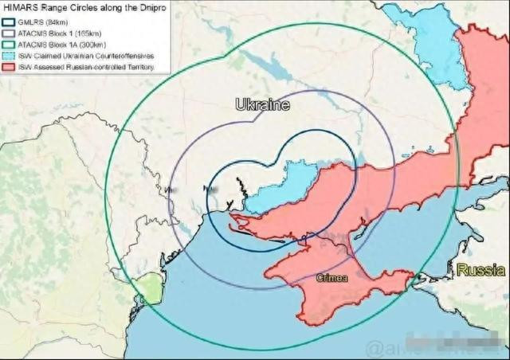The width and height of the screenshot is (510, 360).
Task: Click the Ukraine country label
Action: tap(261, 105)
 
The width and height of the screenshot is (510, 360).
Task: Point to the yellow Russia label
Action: tap(481, 271)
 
